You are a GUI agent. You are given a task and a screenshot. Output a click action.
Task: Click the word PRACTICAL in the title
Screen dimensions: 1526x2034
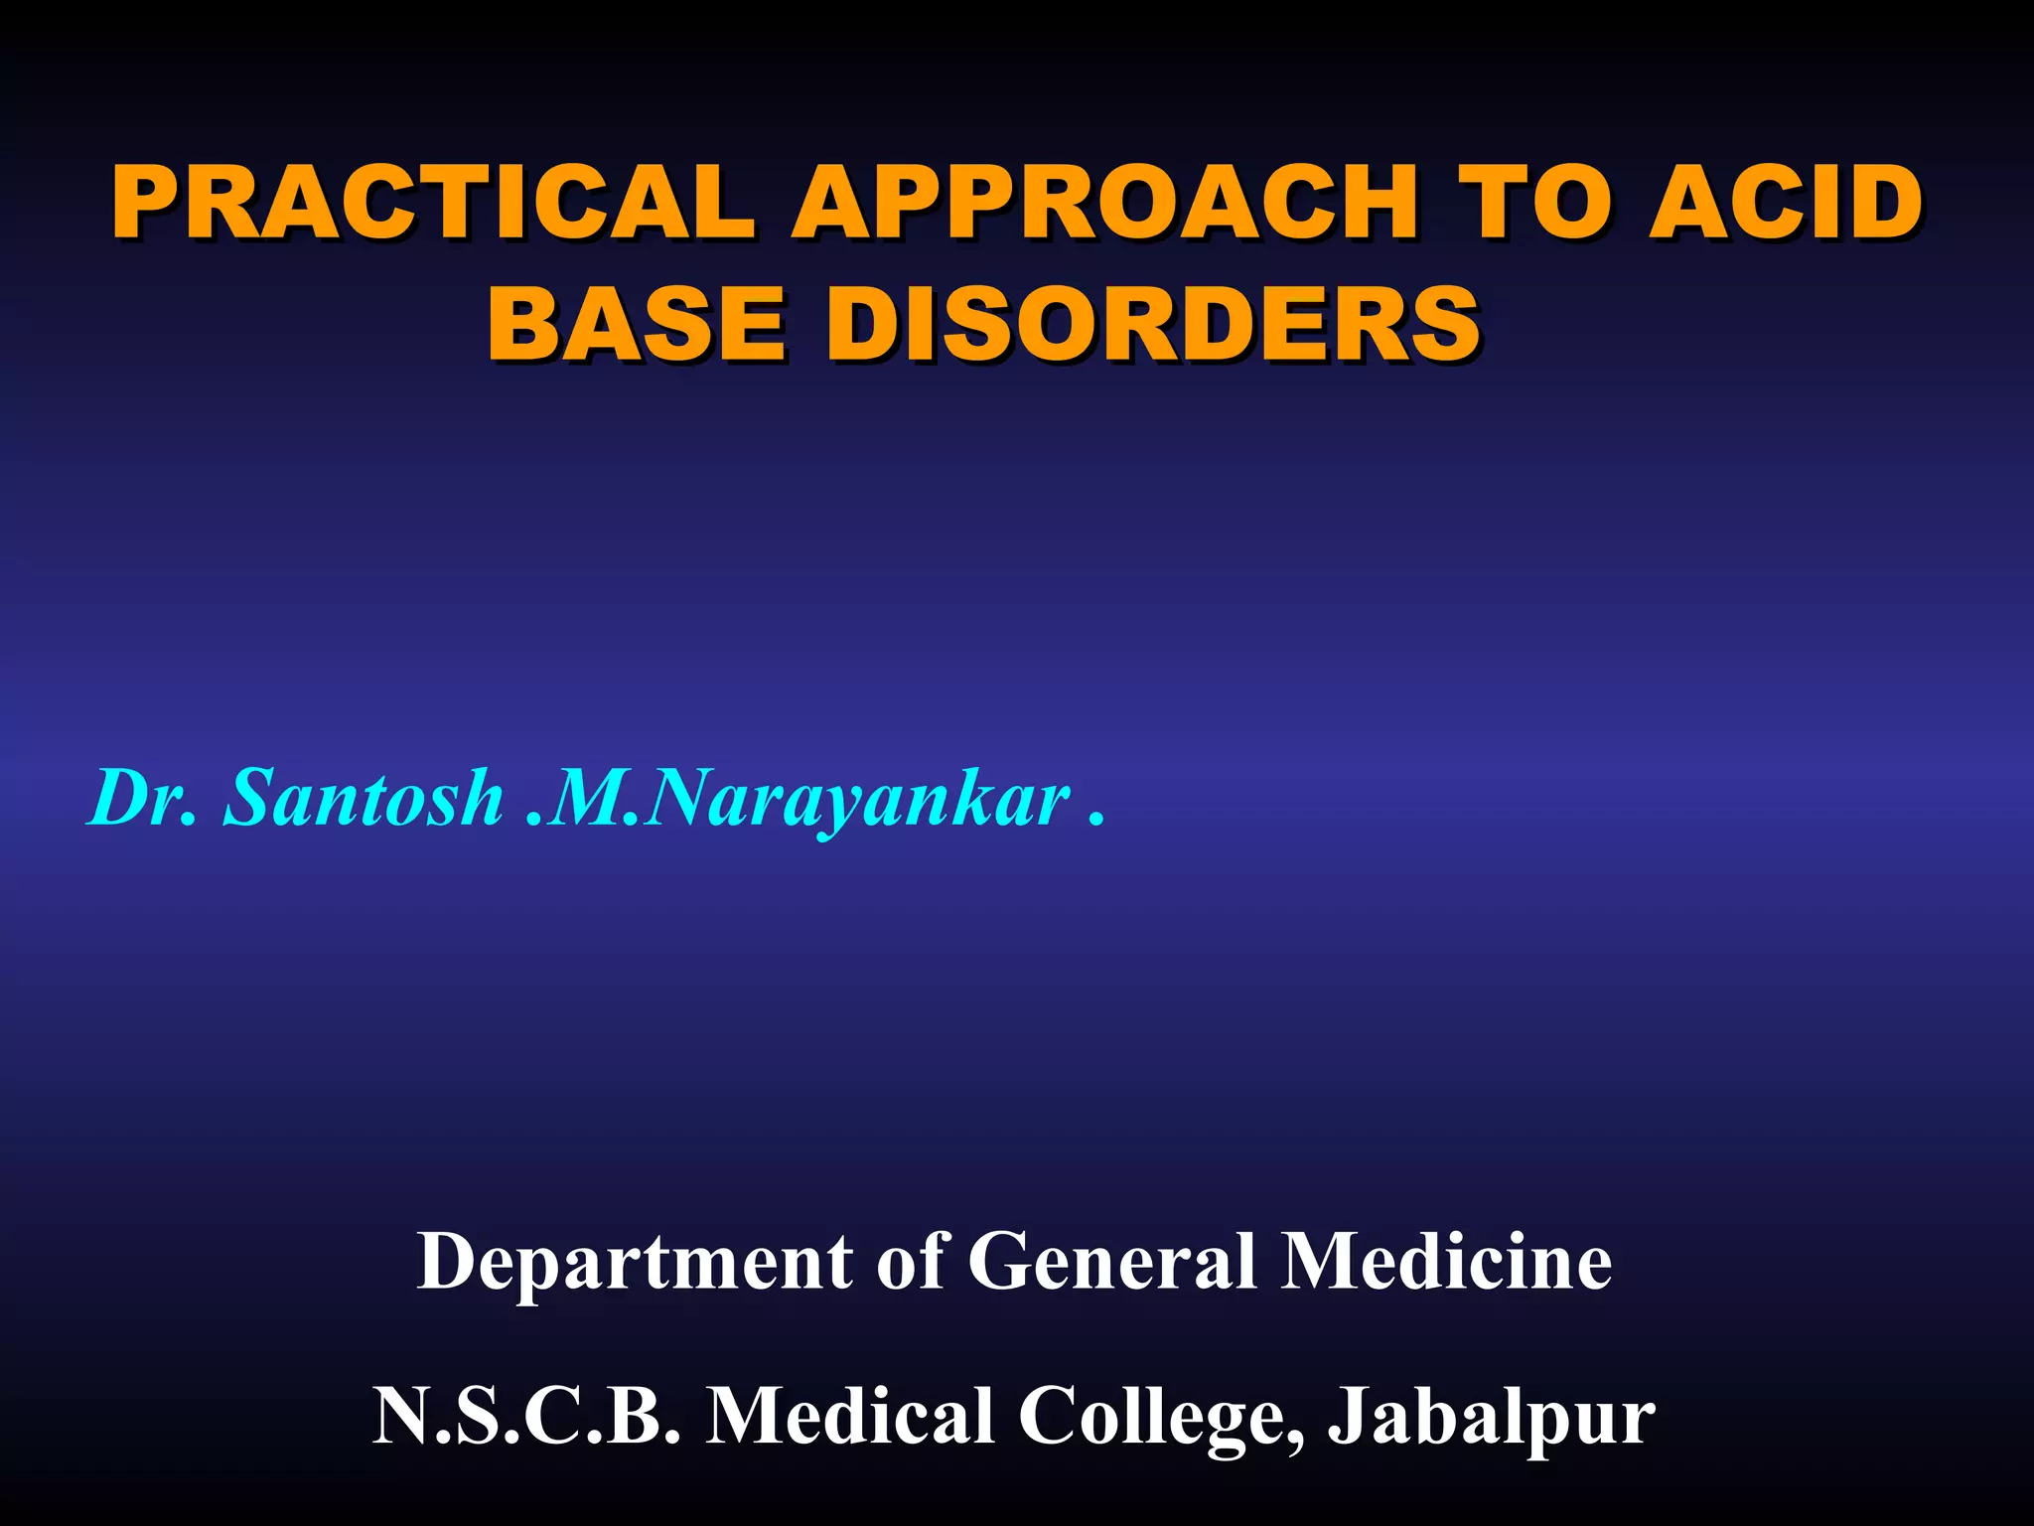click(433, 204)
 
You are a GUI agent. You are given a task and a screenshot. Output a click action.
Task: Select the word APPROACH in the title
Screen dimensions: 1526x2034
click(1102, 204)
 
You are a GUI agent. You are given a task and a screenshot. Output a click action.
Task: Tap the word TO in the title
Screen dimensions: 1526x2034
click(1529, 204)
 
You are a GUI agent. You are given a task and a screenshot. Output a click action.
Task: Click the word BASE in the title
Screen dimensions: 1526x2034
click(637, 324)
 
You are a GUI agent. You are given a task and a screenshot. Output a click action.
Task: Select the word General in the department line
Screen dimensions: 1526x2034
click(1112, 1262)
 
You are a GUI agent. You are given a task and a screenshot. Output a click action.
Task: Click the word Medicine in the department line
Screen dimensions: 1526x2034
click(1446, 1262)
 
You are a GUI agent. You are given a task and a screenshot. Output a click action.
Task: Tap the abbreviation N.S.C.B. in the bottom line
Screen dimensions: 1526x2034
click(527, 1415)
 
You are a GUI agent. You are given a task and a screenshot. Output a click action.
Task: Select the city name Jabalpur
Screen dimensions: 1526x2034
click(1491, 1417)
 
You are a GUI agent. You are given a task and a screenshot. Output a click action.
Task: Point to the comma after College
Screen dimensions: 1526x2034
click(1297, 1439)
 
